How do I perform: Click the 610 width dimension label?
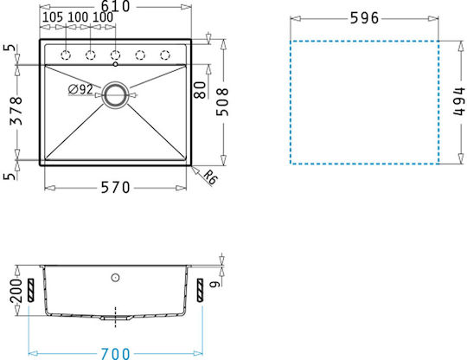point(116,6)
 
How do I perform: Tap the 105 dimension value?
point(53,17)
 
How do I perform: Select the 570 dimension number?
point(116,188)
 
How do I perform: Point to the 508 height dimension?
point(222,102)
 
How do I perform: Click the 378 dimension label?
point(16,111)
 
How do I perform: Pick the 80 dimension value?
point(200,90)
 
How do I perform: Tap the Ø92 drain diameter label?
point(80,89)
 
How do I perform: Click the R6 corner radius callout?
point(211,177)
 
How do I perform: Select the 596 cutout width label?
point(364,18)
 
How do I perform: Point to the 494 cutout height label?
point(458,101)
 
